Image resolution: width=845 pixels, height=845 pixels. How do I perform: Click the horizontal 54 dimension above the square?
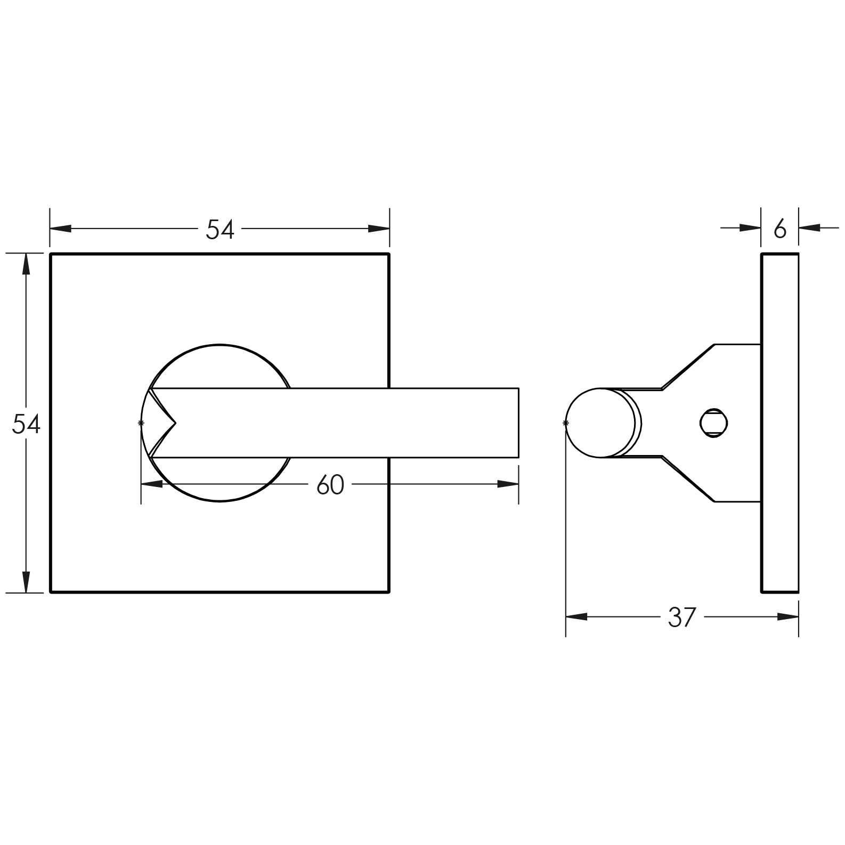point(220,229)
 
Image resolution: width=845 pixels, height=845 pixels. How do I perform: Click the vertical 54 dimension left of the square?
point(26,424)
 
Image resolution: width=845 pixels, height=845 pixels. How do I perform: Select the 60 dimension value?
point(330,485)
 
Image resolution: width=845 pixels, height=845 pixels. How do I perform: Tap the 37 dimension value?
point(682,617)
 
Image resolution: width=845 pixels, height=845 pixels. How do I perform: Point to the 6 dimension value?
point(780,229)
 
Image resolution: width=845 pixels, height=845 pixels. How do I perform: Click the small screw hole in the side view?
point(714,424)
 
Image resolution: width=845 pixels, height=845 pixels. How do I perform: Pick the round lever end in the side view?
point(600,423)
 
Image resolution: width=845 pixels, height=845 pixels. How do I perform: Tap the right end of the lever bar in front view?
point(518,423)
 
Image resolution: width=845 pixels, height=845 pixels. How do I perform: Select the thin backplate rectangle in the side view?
point(779,423)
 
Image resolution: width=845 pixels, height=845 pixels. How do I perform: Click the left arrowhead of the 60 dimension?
point(152,484)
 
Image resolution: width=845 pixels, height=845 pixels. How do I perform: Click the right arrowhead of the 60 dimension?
point(508,484)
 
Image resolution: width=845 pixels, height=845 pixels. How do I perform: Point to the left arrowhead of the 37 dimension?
point(576,617)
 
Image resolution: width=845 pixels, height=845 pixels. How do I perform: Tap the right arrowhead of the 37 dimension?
point(788,617)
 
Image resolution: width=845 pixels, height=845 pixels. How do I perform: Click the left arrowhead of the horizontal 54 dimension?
point(61,229)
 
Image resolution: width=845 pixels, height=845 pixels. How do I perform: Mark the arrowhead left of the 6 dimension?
point(750,228)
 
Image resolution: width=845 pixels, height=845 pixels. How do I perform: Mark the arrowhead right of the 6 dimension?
point(809,228)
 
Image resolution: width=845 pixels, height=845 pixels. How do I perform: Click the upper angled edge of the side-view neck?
point(688,367)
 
